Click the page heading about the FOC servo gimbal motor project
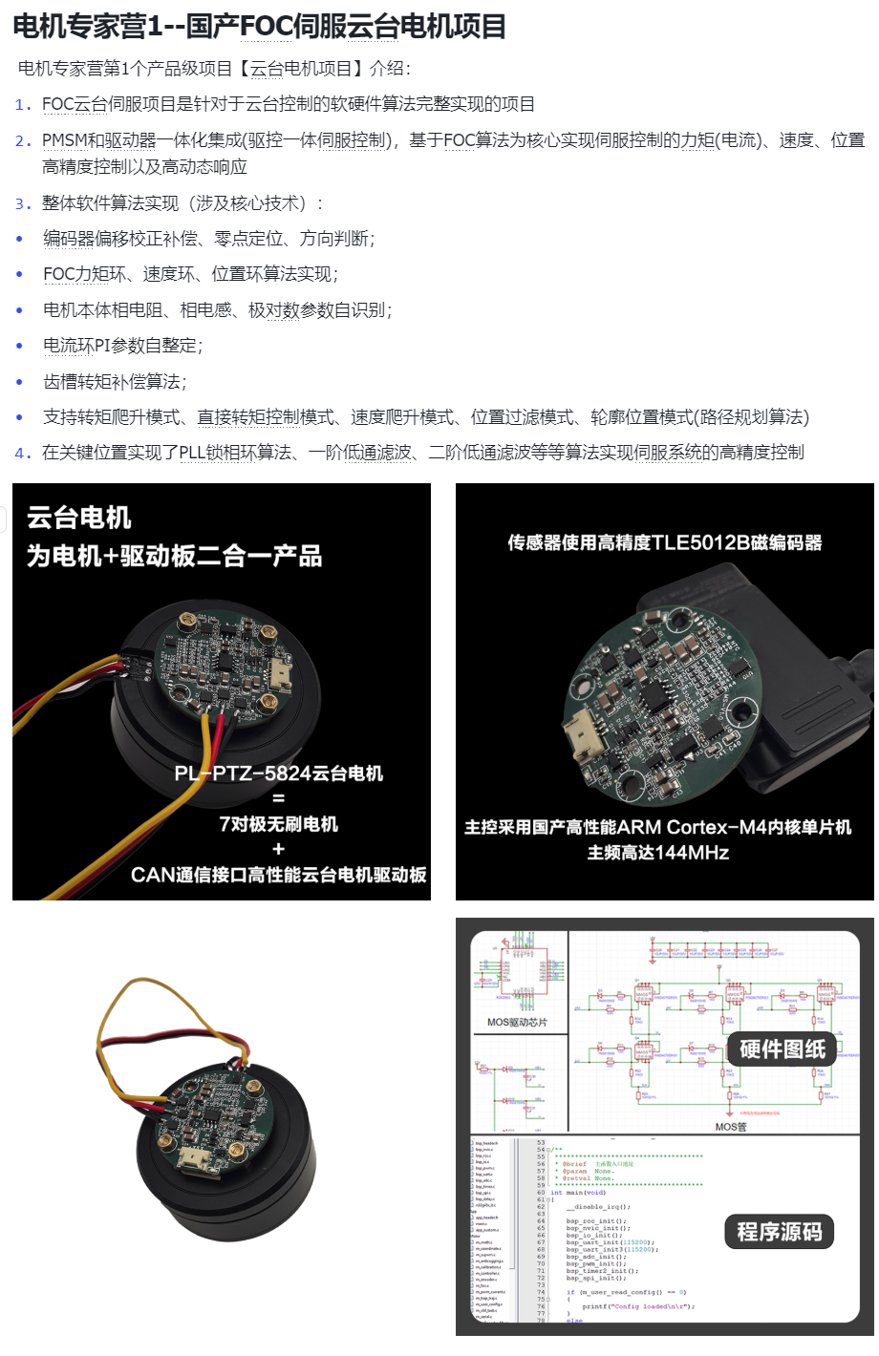[259, 26]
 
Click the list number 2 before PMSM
[22, 140]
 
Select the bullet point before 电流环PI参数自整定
[19, 346]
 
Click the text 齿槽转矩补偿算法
[115, 382]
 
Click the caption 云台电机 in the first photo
[79, 519]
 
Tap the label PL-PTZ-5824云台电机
[278, 773]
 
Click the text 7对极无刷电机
[278, 824]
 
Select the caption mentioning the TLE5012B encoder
[664, 542]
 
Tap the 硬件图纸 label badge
[782, 1049]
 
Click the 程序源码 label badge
[779, 1232]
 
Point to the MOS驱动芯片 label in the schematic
[517, 1023]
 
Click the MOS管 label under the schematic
[730, 1127]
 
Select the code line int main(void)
[585, 1193]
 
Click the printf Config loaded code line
[637, 1306]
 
